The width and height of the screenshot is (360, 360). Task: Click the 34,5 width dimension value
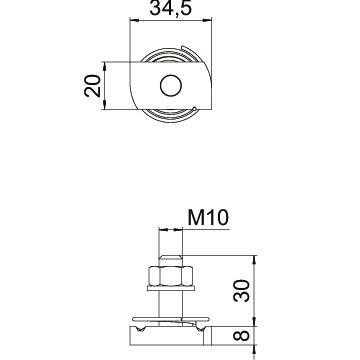(x=171, y=8)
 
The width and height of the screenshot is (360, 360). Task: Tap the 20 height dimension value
(x=92, y=86)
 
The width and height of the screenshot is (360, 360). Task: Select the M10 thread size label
(x=208, y=218)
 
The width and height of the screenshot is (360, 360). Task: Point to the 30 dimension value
(x=241, y=291)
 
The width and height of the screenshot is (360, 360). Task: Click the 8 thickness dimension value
(x=241, y=335)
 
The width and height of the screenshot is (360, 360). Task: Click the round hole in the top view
(x=171, y=86)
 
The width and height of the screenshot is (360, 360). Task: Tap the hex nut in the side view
(x=171, y=276)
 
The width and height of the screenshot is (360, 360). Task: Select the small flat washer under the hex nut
(x=171, y=288)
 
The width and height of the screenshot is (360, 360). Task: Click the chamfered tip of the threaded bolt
(x=171, y=258)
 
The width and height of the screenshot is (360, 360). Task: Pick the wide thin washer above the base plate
(x=171, y=319)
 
